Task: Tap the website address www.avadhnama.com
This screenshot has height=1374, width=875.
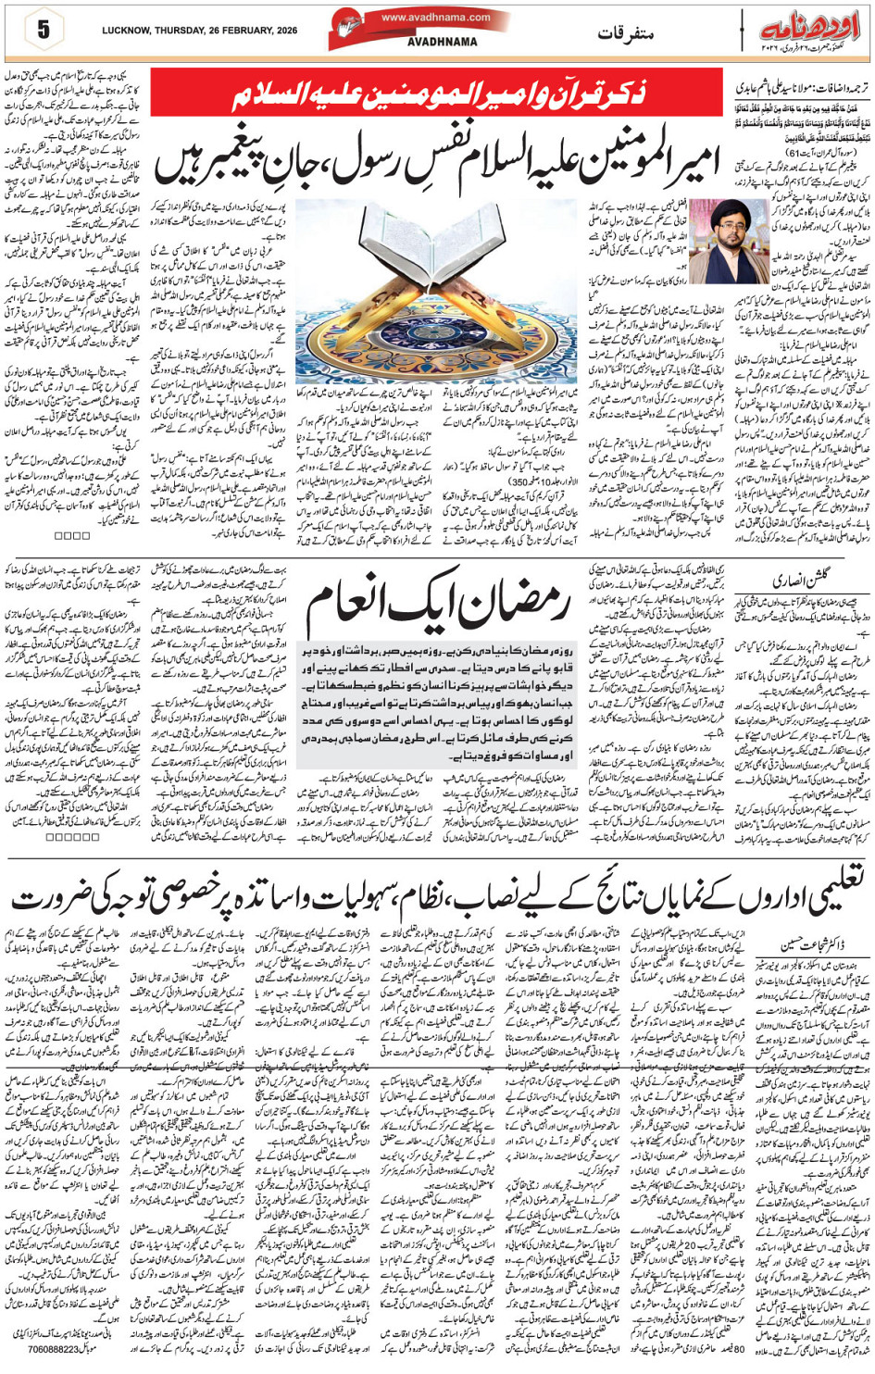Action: pyautogui.click(x=435, y=17)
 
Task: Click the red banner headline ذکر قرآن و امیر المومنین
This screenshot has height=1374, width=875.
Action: pyautogui.click(x=436, y=93)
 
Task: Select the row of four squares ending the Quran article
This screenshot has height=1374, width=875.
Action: pyautogui.click(x=71, y=534)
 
